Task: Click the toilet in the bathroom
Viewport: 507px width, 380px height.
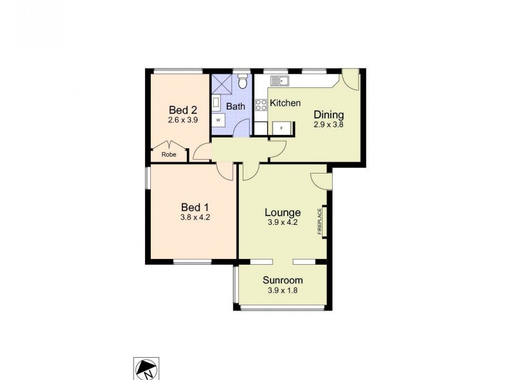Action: [x=242, y=83]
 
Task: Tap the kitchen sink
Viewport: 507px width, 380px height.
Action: [x=280, y=80]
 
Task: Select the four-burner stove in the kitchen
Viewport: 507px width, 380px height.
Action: [x=260, y=104]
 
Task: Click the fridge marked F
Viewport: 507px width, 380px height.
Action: [x=282, y=127]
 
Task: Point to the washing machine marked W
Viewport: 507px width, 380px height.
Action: [x=219, y=119]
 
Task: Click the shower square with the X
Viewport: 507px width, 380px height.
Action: [x=222, y=84]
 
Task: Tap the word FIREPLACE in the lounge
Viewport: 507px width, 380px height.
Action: [x=320, y=222]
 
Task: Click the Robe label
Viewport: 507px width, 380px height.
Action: [x=169, y=154]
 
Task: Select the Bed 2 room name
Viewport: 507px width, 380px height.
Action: [x=179, y=109]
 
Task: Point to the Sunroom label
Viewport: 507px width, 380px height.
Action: [x=283, y=280]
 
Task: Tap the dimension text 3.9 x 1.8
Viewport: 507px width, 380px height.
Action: [x=283, y=291]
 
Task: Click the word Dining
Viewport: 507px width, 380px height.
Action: [x=329, y=115]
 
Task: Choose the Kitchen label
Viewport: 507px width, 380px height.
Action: [x=285, y=103]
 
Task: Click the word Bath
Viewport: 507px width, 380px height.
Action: [x=236, y=106]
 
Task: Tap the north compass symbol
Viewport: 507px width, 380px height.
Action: [x=146, y=369]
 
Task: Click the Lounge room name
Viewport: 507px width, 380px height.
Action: [x=283, y=212]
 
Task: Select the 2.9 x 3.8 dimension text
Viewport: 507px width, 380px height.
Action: [x=329, y=125]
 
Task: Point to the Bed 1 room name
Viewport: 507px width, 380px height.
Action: [x=195, y=207]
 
